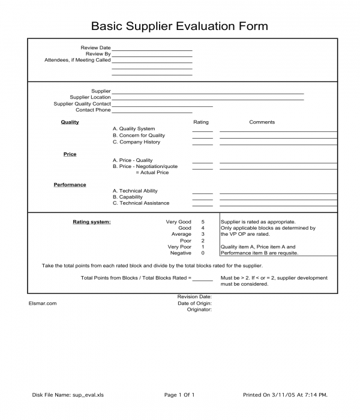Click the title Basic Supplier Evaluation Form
[x=179, y=26]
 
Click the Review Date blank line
[x=152, y=50]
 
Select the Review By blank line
[x=152, y=56]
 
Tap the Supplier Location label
[x=90, y=97]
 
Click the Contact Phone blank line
[x=152, y=112]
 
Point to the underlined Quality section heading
[x=70, y=122]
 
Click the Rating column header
[x=201, y=122]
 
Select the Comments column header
[x=262, y=122]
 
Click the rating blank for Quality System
[x=202, y=130]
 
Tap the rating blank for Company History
[x=202, y=144]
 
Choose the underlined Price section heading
[x=70, y=155]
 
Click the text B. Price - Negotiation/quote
[x=145, y=167]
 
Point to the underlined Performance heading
[x=70, y=185]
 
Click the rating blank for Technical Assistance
[x=202, y=205]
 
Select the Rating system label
[x=91, y=222]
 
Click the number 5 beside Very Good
[x=203, y=222]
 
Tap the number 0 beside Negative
[x=203, y=253]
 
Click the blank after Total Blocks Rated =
[x=203, y=280]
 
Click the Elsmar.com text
[x=43, y=303]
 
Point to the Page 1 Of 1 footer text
[x=179, y=395]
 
